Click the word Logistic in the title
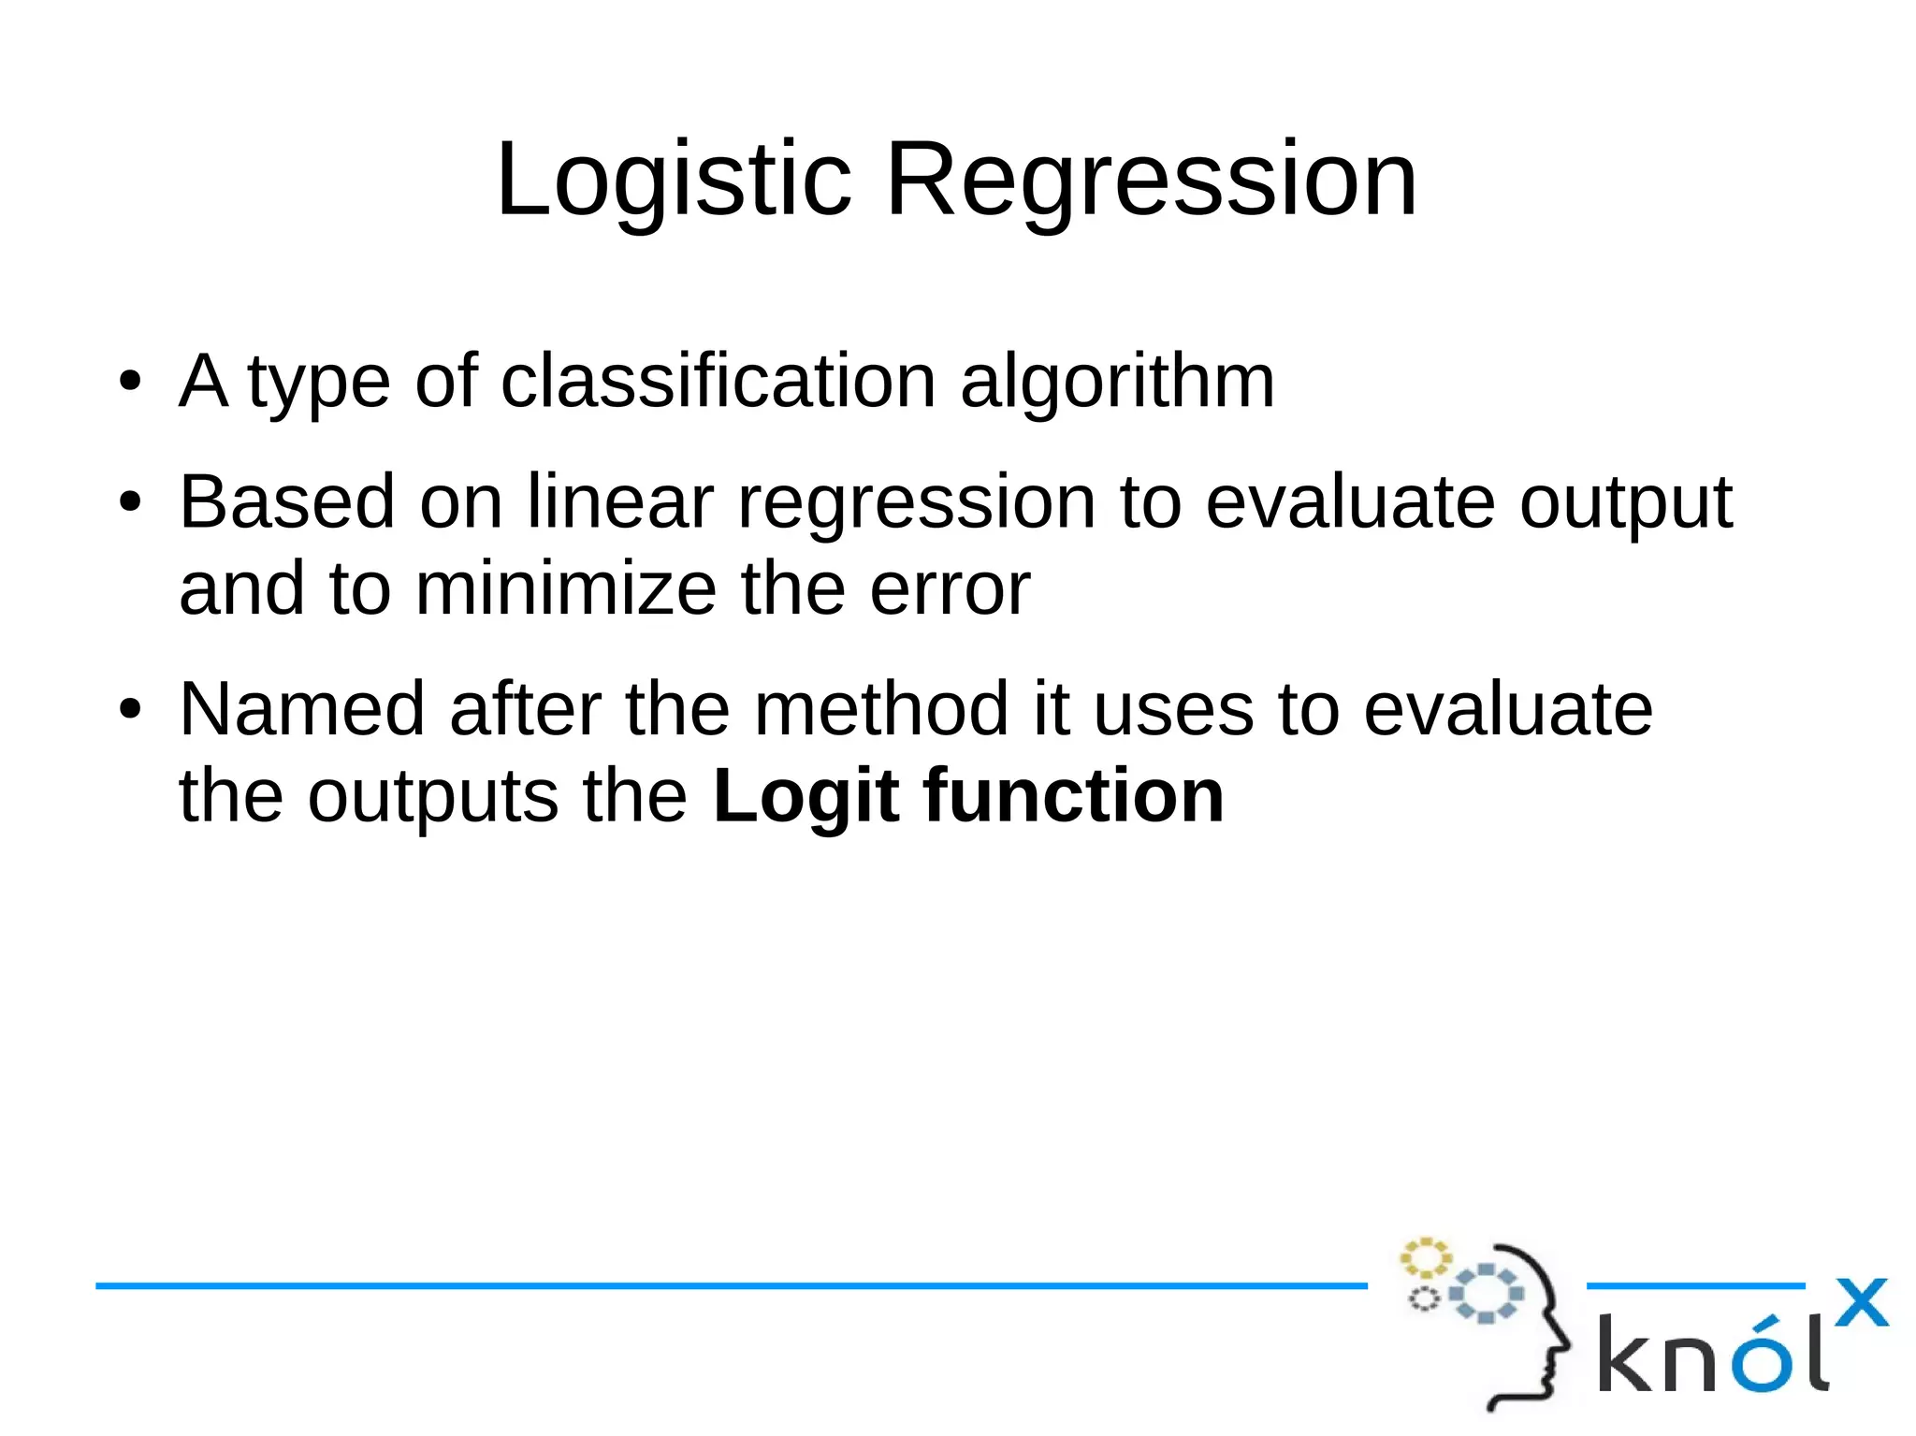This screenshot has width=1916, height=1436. tap(673, 180)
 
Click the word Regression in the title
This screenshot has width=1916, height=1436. tap(1151, 180)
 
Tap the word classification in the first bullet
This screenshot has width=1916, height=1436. tap(718, 382)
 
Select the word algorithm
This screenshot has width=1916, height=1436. tap(1117, 382)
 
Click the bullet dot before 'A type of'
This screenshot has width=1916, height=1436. tap(130, 382)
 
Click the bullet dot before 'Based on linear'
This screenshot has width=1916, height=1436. tap(130, 502)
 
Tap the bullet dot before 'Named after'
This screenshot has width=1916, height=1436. tap(130, 709)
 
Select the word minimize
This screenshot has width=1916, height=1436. tap(566, 589)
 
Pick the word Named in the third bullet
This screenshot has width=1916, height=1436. tap(302, 709)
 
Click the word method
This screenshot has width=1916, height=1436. tap(880, 709)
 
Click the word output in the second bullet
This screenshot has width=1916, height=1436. tap(1626, 502)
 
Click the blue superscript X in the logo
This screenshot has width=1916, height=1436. tap(1861, 1302)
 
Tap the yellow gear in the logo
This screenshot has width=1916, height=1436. tap(1424, 1258)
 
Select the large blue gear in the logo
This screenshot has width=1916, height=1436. tap(1486, 1294)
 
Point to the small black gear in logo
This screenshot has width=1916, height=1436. tap(1423, 1298)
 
